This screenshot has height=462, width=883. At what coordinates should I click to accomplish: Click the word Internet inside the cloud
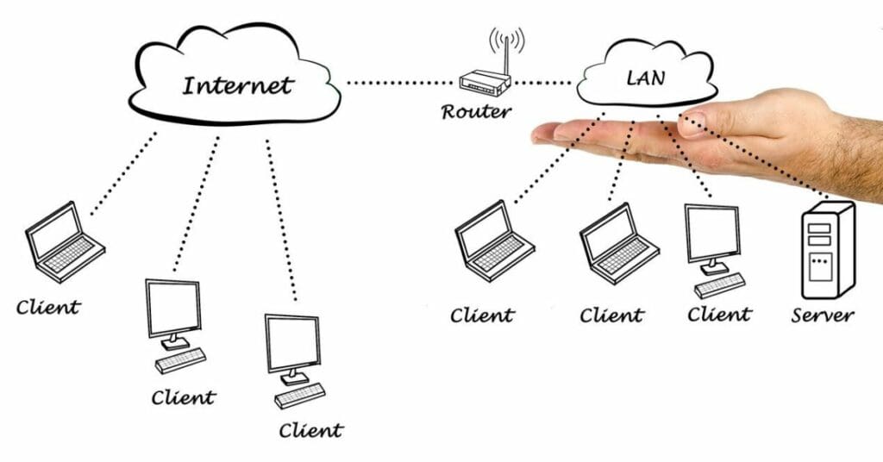238,85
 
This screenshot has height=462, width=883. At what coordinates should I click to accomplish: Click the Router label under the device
477,111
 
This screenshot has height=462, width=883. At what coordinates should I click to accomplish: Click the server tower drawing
827,249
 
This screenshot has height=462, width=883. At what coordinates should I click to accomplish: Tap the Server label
823,315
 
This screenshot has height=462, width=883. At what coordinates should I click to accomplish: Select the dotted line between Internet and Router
400,84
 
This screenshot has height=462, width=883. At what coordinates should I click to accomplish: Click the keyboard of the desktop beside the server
719,284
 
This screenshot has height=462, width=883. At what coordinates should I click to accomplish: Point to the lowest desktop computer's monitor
292,343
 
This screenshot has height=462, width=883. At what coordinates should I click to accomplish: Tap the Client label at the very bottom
311,428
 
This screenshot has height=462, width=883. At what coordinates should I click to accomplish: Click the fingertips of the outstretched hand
548,134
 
